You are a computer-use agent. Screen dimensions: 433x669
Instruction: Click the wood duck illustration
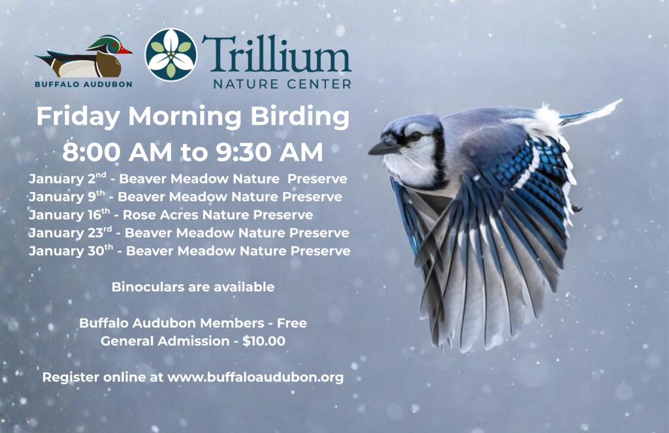click(x=85, y=57)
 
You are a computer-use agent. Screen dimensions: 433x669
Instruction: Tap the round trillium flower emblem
click(x=171, y=55)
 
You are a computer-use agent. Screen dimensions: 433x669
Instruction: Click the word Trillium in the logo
click(x=276, y=54)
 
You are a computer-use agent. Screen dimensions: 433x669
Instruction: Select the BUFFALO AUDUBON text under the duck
click(x=84, y=84)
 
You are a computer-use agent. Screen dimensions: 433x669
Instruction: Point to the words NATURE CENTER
click(x=282, y=84)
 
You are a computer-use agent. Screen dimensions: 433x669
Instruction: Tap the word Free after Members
click(x=291, y=323)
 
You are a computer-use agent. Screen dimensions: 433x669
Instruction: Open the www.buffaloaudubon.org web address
click(x=255, y=377)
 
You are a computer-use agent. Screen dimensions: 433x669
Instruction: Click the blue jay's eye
click(x=416, y=136)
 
